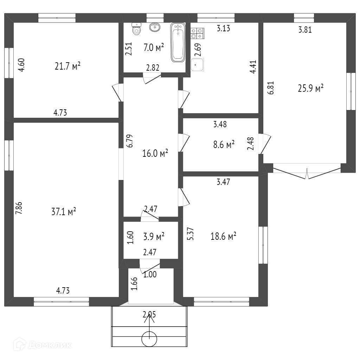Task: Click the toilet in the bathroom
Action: (137, 29)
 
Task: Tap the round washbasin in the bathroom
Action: (155, 27)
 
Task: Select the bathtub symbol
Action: (178, 42)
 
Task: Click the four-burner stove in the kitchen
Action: (198, 33)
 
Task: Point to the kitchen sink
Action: (197, 65)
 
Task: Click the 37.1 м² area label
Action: (64, 211)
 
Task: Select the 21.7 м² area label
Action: (67, 66)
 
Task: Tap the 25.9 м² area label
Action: (311, 88)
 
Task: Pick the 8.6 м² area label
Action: (224, 144)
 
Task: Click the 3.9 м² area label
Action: (154, 236)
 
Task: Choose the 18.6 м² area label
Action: (223, 236)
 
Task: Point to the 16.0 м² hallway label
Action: (155, 153)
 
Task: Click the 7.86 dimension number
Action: (19, 208)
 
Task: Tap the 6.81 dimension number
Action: (271, 88)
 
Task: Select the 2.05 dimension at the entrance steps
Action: (149, 314)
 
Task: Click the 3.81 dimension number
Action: (305, 30)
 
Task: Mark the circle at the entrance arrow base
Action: (149, 339)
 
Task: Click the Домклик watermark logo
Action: (43, 344)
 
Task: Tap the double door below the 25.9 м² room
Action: (307, 171)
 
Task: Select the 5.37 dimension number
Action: (191, 234)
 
